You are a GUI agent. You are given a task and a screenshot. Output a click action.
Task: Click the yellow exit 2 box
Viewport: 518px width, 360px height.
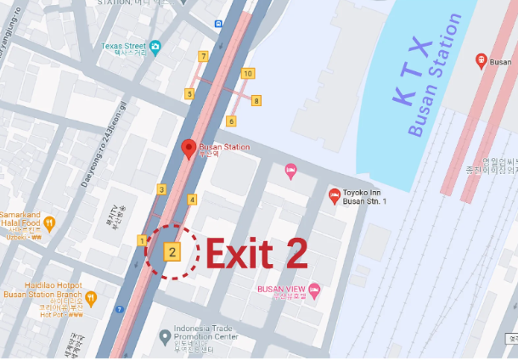tap(172, 251)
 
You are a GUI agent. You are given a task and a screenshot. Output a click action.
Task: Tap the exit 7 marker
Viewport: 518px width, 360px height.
tap(203, 56)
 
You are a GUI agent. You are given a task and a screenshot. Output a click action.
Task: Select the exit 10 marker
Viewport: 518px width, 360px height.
tap(247, 74)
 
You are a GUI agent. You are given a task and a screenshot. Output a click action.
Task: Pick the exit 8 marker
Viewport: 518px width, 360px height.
tap(256, 101)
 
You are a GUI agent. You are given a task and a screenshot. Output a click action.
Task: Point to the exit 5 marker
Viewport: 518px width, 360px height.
tap(189, 94)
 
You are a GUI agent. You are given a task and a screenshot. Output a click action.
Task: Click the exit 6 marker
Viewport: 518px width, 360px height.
tap(231, 121)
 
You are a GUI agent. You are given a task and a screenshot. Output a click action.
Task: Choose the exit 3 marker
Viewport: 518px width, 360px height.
tap(161, 189)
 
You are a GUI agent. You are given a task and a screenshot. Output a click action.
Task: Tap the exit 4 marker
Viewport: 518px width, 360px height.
tap(193, 200)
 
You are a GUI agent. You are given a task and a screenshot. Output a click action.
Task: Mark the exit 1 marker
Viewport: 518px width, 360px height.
tap(141, 241)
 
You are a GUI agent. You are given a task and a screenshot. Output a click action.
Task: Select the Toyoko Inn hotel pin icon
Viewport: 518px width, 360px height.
tap(334, 196)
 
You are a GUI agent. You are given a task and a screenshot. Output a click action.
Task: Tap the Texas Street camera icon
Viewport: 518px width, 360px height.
tap(155, 46)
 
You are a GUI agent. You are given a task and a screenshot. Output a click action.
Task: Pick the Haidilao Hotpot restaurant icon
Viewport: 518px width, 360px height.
tap(90, 298)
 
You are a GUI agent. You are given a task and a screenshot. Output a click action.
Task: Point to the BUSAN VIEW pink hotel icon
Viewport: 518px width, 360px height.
tap(315, 290)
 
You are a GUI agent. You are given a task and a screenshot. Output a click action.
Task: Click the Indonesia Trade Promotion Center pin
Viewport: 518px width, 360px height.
tap(165, 336)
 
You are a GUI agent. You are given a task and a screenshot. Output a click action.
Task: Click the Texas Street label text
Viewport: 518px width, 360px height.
tap(124, 46)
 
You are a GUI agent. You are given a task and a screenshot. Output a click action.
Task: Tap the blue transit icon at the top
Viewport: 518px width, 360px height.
tap(218, 24)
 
